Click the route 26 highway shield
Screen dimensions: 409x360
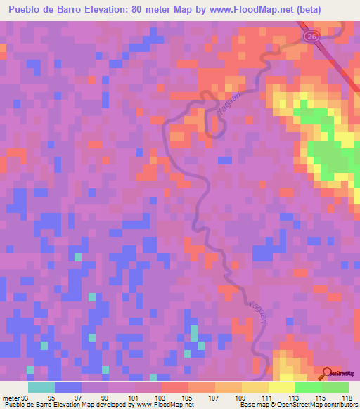(x=310, y=34)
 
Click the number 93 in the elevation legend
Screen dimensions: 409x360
(x=26, y=398)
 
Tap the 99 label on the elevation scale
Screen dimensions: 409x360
(x=105, y=398)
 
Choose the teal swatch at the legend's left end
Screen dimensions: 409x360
(x=41, y=387)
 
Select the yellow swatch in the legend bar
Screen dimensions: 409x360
(x=281, y=387)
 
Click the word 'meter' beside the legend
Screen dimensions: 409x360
(x=11, y=398)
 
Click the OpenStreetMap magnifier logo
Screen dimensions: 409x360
(x=327, y=372)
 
